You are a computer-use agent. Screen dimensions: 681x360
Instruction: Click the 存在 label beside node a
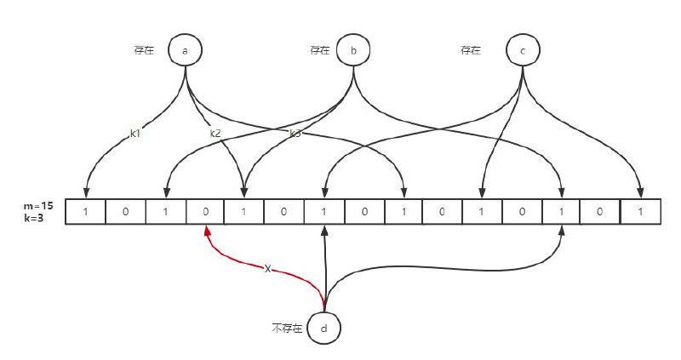pos(144,50)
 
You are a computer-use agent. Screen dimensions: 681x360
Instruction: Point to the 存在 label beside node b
pos(320,50)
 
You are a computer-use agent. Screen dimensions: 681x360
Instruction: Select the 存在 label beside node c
pos(471,50)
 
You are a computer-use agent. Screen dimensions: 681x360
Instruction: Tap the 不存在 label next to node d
pos(287,328)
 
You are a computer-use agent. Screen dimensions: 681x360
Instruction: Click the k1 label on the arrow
pos(135,134)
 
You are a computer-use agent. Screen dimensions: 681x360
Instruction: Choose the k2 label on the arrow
pos(215,134)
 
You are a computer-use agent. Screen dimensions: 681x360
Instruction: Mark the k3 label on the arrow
pos(295,134)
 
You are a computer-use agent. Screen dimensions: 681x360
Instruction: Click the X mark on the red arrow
pos(268,269)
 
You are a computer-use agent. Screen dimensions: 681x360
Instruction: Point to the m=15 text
pos(38,206)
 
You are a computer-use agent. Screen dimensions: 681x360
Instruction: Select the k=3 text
pos(34,218)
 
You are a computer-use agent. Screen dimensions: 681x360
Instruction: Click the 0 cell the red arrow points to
pos(205,211)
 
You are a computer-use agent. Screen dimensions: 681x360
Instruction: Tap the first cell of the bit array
pos(86,211)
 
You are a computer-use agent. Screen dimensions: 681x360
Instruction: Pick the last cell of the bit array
pos(641,211)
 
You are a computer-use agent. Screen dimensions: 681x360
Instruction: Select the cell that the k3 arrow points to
pos(403,211)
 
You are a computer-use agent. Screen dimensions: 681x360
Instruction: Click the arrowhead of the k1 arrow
pos(86,192)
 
